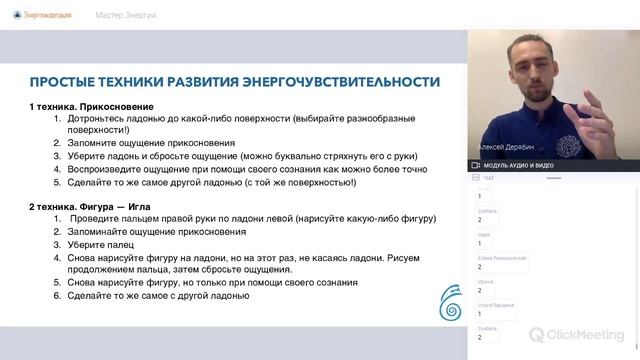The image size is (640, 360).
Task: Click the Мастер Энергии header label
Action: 126,16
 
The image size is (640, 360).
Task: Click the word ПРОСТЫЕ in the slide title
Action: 65,82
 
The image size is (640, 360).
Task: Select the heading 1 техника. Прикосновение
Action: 91,105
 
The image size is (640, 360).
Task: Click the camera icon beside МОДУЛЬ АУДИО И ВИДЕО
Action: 476,164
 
